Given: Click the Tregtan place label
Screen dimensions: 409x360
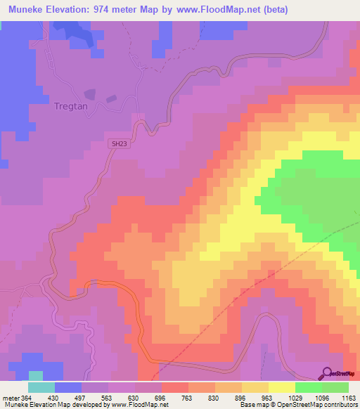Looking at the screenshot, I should [70, 107].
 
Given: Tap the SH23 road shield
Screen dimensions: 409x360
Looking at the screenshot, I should [118, 143].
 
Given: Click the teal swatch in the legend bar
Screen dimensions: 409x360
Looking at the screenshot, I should [41, 387].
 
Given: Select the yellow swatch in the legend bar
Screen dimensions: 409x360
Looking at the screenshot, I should [282, 387].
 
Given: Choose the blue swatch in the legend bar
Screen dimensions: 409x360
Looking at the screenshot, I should [68, 387].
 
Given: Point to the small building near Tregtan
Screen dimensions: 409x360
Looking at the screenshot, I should [89, 93].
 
